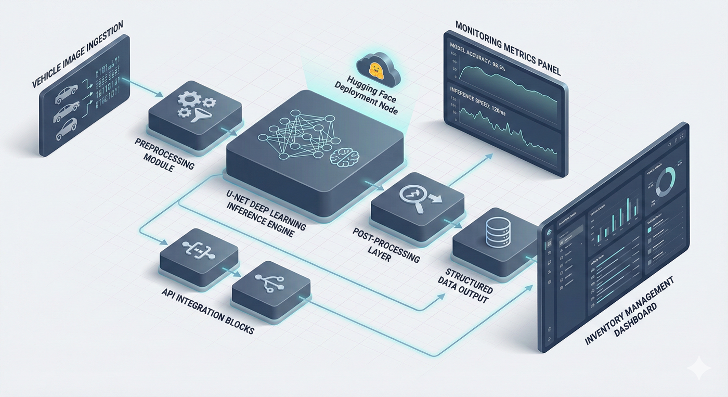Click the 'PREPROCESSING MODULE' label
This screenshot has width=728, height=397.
tap(164, 153)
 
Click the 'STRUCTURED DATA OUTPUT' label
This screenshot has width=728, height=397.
tap(467, 286)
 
